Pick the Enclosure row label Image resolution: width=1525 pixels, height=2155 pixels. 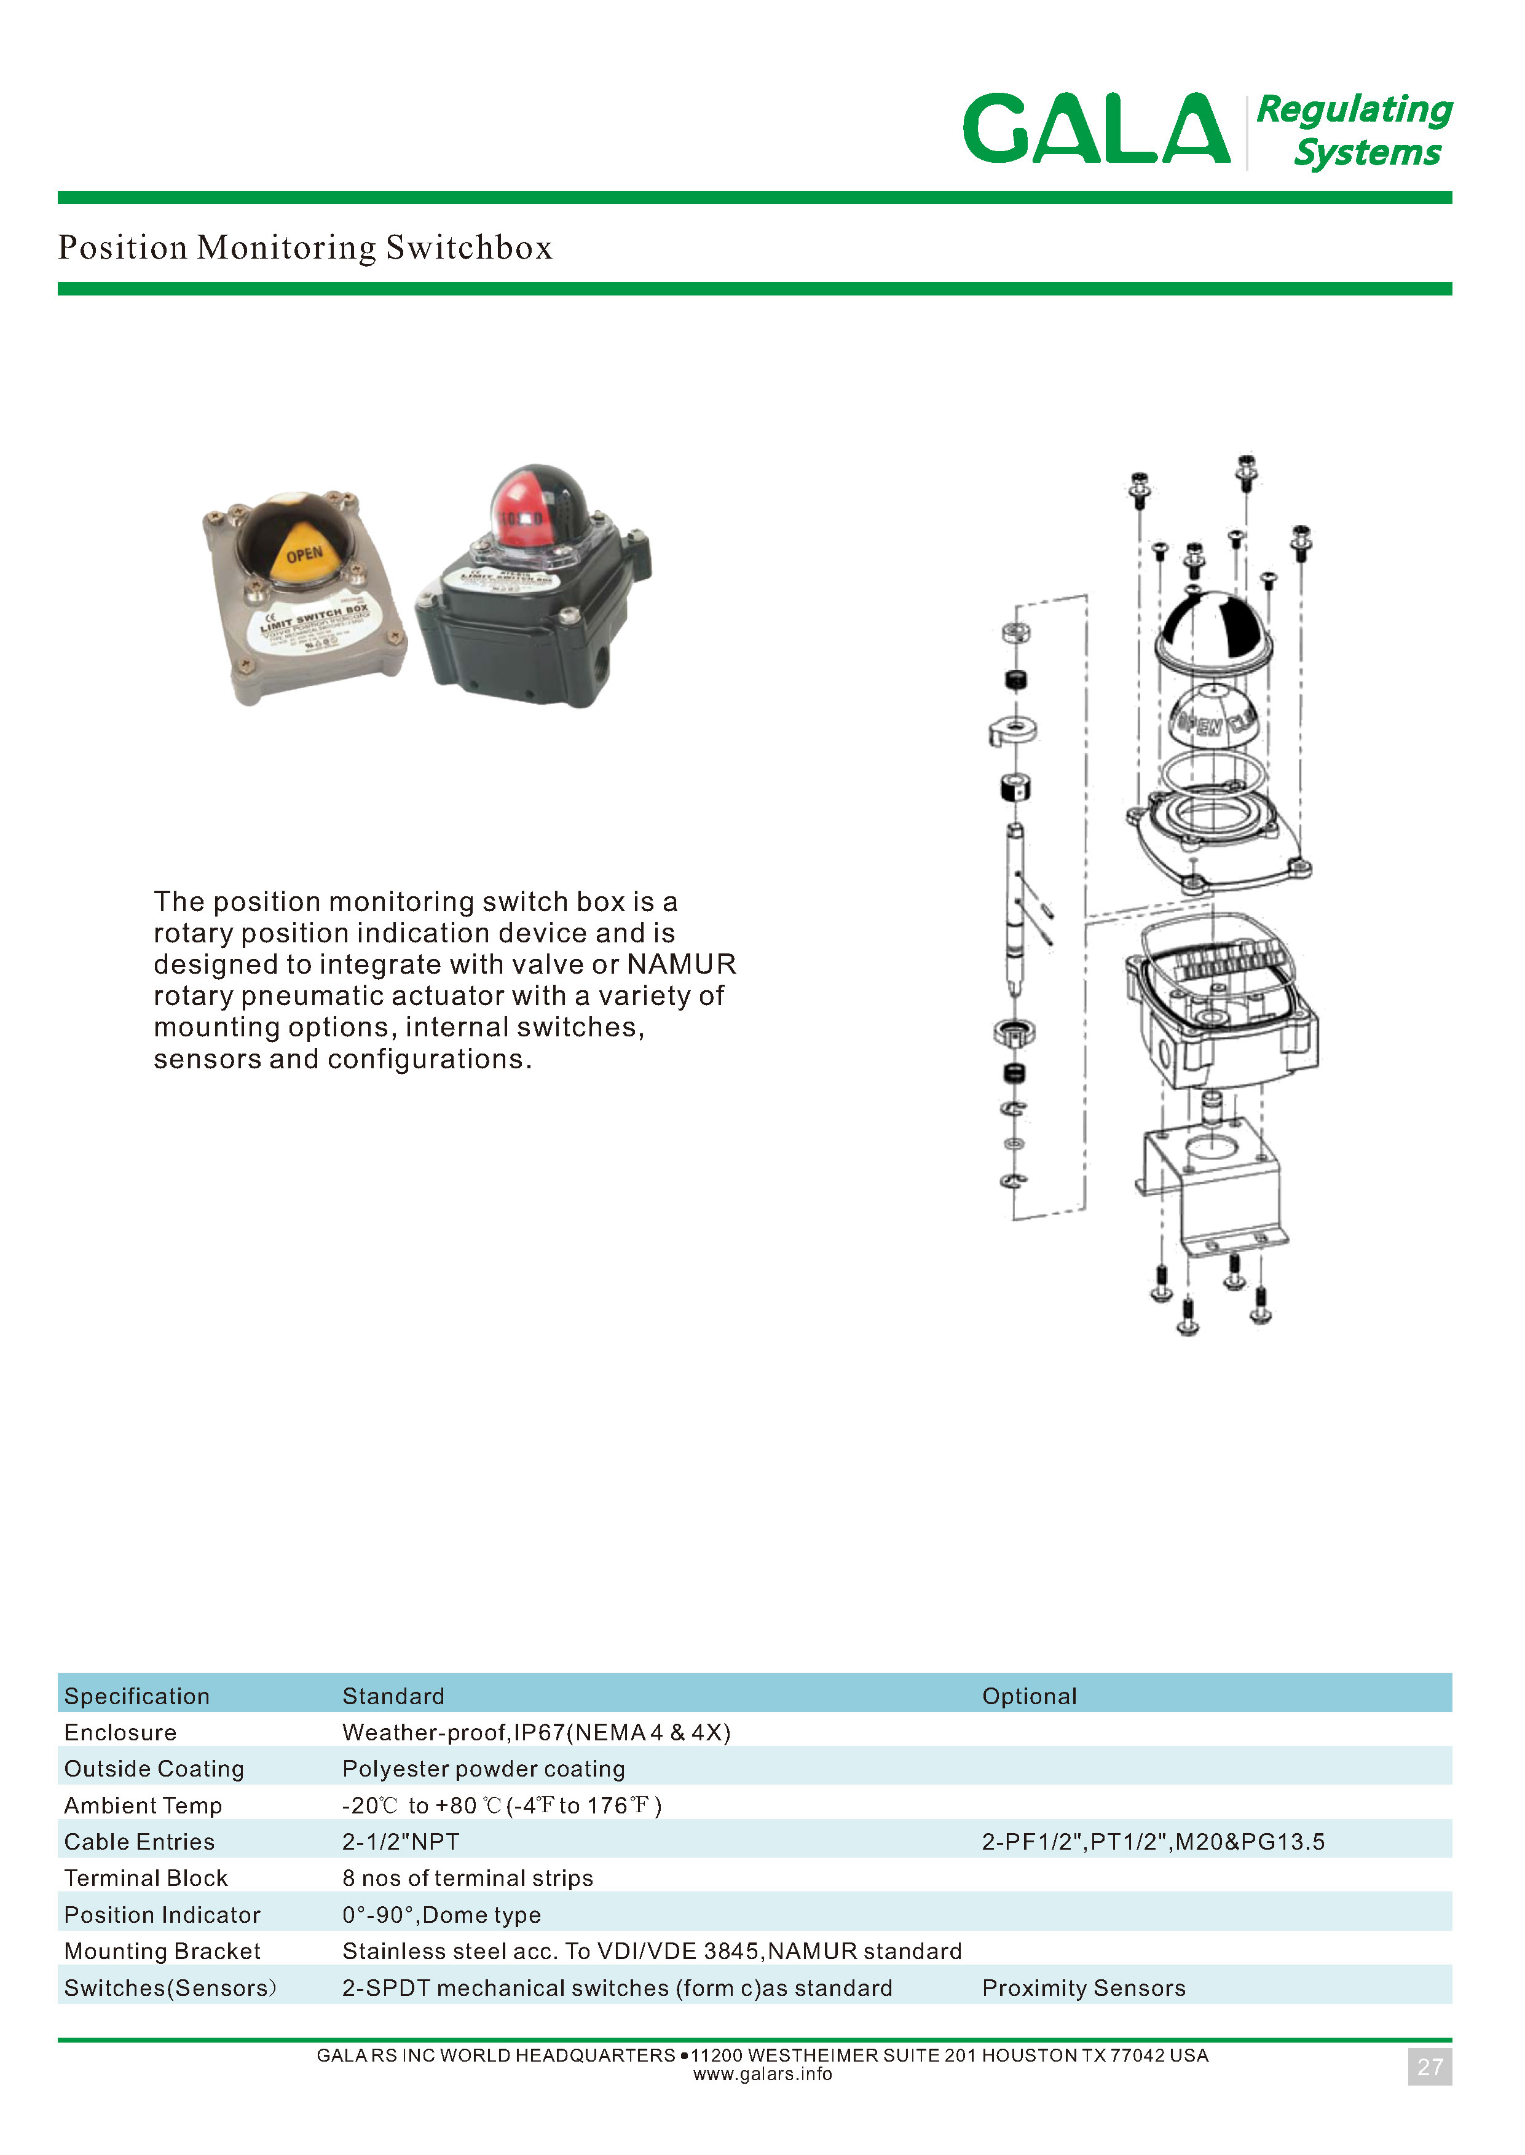(120, 1732)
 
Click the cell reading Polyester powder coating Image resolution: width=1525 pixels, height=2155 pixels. (484, 1769)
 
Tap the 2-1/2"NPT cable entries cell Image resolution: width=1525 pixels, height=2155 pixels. (401, 1842)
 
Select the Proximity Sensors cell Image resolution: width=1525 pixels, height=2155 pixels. (1084, 1988)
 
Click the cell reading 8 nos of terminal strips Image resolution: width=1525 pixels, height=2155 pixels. (468, 1878)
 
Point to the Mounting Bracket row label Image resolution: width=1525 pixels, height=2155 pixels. (162, 1951)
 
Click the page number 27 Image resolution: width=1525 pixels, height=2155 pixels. (1429, 2067)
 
